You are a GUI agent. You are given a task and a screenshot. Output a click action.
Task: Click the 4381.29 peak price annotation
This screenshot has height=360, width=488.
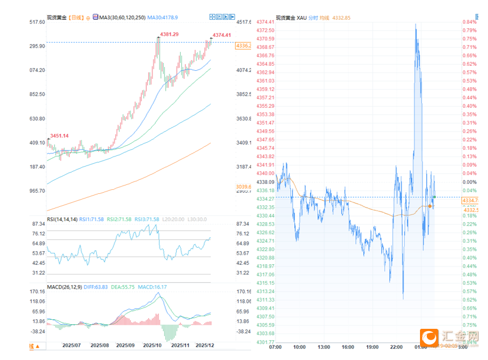click(169, 35)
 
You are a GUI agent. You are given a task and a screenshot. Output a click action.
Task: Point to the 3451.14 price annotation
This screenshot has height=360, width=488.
click(60, 135)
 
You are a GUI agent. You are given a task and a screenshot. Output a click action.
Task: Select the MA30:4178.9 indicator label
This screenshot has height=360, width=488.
click(163, 18)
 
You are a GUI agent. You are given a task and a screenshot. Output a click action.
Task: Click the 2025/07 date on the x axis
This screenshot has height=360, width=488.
click(72, 345)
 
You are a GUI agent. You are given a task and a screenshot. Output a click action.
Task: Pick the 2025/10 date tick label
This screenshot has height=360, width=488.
click(152, 345)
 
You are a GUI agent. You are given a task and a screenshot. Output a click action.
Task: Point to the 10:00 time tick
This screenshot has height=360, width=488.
click(299, 347)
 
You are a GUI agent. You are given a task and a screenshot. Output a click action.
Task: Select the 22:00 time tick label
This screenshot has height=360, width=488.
click(396, 347)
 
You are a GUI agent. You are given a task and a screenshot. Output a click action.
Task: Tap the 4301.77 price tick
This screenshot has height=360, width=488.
click(265, 342)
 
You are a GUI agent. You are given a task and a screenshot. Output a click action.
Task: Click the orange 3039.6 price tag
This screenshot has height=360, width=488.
click(244, 186)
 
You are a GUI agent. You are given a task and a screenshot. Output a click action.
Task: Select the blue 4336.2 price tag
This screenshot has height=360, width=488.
click(244, 45)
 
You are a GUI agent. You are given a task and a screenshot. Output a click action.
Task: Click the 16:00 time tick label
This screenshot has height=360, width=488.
click(348, 347)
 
